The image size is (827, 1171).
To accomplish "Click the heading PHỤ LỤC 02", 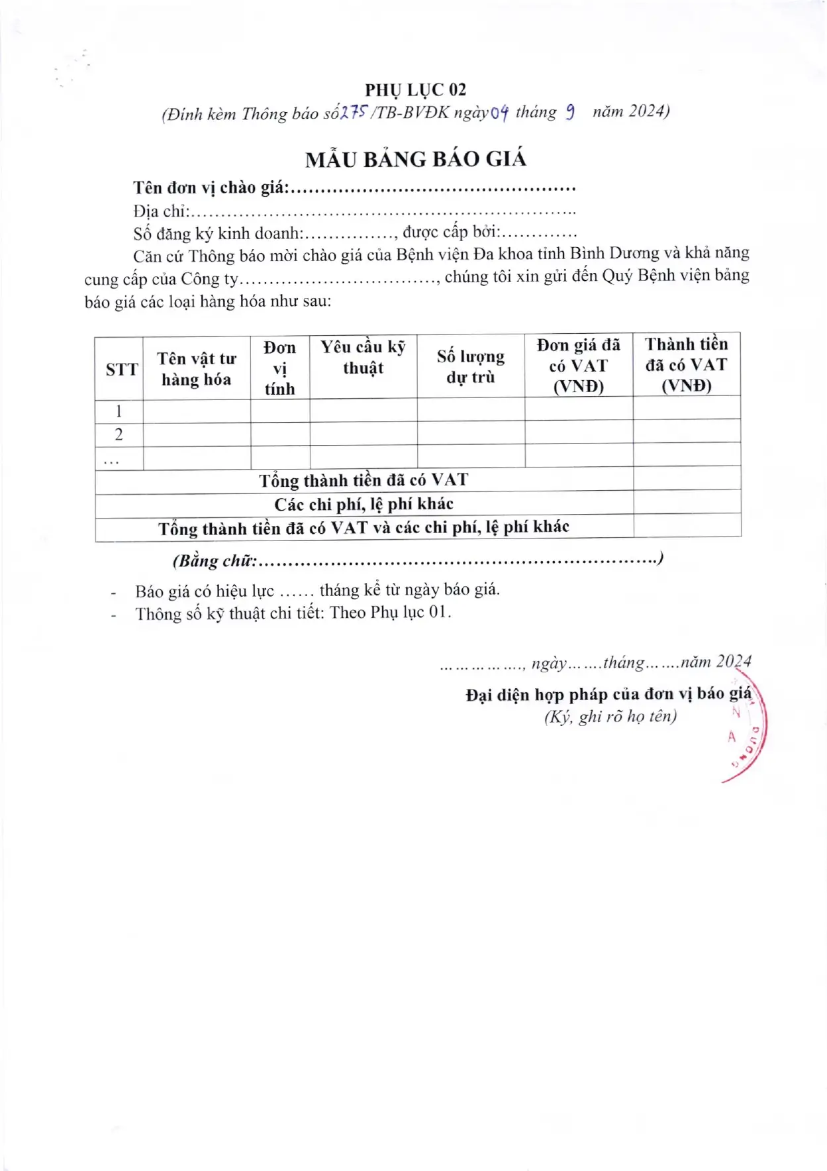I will point(415,89).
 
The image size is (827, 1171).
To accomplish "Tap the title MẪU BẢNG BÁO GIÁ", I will point(415,159).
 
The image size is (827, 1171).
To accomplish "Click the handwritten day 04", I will point(500,113).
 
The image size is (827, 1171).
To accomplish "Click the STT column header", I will point(121,370).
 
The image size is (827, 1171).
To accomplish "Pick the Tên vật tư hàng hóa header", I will point(196,369).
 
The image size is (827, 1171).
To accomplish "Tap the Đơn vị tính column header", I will point(279,368).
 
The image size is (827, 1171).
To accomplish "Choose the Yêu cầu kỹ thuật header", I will point(363,358).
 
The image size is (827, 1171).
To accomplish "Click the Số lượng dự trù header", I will point(470,367).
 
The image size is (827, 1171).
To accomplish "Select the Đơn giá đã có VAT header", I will point(578,366).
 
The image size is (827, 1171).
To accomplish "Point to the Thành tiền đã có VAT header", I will point(686,365).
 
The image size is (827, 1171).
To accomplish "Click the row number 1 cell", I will point(119,411).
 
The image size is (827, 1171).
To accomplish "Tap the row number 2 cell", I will point(119,434).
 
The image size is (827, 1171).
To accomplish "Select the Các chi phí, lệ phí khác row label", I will point(364,504).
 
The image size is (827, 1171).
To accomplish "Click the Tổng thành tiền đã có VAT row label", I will point(364,480).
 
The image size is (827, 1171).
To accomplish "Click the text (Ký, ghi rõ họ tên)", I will point(610,717).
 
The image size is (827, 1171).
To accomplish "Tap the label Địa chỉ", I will point(160,211).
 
